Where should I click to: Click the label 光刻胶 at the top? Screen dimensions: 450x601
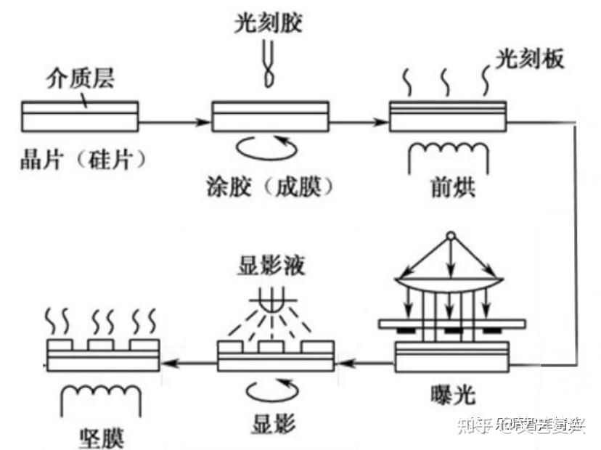click(x=268, y=24)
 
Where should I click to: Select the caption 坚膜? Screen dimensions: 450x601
click(x=100, y=438)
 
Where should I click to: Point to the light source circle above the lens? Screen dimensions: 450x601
click(x=450, y=237)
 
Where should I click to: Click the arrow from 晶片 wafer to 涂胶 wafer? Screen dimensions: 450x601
click(x=174, y=123)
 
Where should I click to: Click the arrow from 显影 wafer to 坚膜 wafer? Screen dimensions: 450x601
click(x=189, y=361)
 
